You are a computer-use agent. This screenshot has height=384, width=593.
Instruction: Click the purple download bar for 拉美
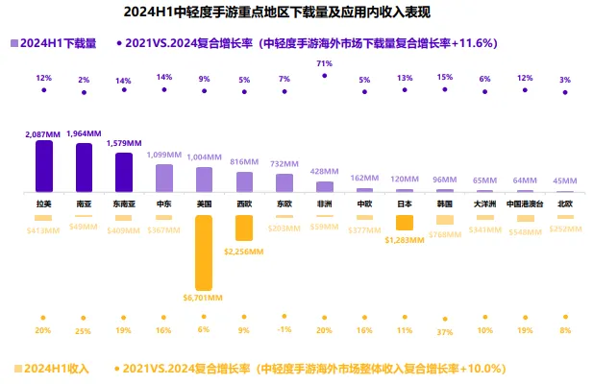(44, 166)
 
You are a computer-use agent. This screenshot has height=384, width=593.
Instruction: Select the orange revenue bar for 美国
(204, 252)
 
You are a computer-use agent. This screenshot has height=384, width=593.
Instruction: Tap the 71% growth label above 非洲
(324, 62)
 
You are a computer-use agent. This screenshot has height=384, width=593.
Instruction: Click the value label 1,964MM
(84, 133)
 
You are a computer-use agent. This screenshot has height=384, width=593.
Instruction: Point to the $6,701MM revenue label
(204, 298)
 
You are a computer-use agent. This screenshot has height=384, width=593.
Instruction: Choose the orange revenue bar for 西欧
(244, 228)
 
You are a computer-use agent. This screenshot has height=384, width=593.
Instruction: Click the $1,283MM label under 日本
(405, 240)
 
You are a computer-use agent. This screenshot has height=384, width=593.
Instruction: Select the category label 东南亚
(124, 204)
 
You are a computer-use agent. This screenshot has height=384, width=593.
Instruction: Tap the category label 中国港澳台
(524, 204)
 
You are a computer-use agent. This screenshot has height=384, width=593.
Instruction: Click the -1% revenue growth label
(284, 331)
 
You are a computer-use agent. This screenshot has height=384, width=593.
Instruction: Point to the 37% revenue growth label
(444, 331)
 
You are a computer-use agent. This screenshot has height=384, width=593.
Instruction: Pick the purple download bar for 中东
(163, 177)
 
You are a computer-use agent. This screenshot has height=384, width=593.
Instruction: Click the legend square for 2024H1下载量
(12, 44)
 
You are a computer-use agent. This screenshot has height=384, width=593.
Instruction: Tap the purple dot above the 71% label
(325, 75)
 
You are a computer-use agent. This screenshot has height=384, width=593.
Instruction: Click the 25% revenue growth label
(84, 331)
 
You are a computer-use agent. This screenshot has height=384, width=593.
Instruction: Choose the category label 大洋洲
(484, 204)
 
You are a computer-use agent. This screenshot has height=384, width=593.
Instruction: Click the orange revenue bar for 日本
(405, 223)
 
